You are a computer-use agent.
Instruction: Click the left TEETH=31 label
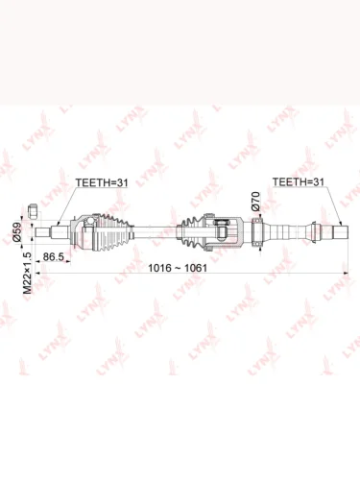click(102, 182)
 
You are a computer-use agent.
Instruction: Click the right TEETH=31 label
click(299, 181)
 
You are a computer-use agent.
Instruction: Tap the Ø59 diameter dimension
click(16, 231)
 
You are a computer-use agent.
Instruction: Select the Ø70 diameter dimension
click(255, 201)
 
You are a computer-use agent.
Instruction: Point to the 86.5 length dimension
click(54, 256)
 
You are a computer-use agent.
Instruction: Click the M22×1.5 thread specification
click(28, 273)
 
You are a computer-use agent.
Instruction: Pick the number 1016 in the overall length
click(160, 268)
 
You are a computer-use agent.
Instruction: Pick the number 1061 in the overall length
click(195, 268)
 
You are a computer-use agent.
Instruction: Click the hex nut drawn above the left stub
click(34, 211)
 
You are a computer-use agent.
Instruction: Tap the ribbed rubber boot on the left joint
click(113, 232)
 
